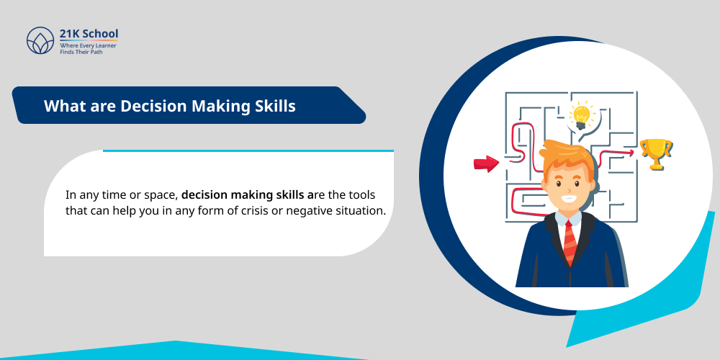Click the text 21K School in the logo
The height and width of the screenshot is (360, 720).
point(89,34)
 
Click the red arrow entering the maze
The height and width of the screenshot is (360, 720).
point(487,163)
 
